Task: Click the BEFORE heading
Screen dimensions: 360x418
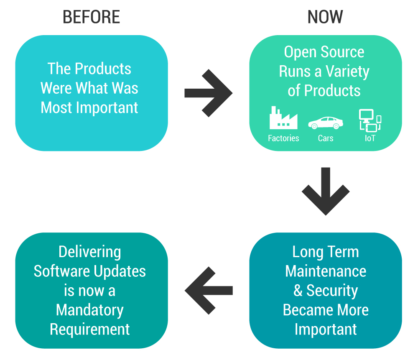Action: pos(91,17)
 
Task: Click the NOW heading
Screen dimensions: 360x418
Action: pos(325,17)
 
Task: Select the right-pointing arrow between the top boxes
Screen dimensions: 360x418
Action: pos(208,93)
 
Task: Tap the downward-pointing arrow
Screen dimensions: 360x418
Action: pos(326,191)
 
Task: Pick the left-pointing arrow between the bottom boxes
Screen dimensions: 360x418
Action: pos(209,290)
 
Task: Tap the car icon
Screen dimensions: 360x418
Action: pos(326,123)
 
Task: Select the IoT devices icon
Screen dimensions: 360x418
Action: pos(370,121)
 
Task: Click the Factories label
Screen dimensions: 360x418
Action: pos(283,138)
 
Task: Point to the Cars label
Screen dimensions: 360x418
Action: pos(326,138)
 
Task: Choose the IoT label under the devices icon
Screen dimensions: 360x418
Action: pos(370,138)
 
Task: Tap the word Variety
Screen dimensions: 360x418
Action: pos(347,71)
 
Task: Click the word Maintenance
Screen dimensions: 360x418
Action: pos(326,271)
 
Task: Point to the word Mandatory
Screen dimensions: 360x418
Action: pos(90,310)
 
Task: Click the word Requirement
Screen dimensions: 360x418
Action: pos(90,329)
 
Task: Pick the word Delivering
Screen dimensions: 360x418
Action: pos(90,252)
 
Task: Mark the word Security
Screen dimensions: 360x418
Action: pos(332,291)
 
